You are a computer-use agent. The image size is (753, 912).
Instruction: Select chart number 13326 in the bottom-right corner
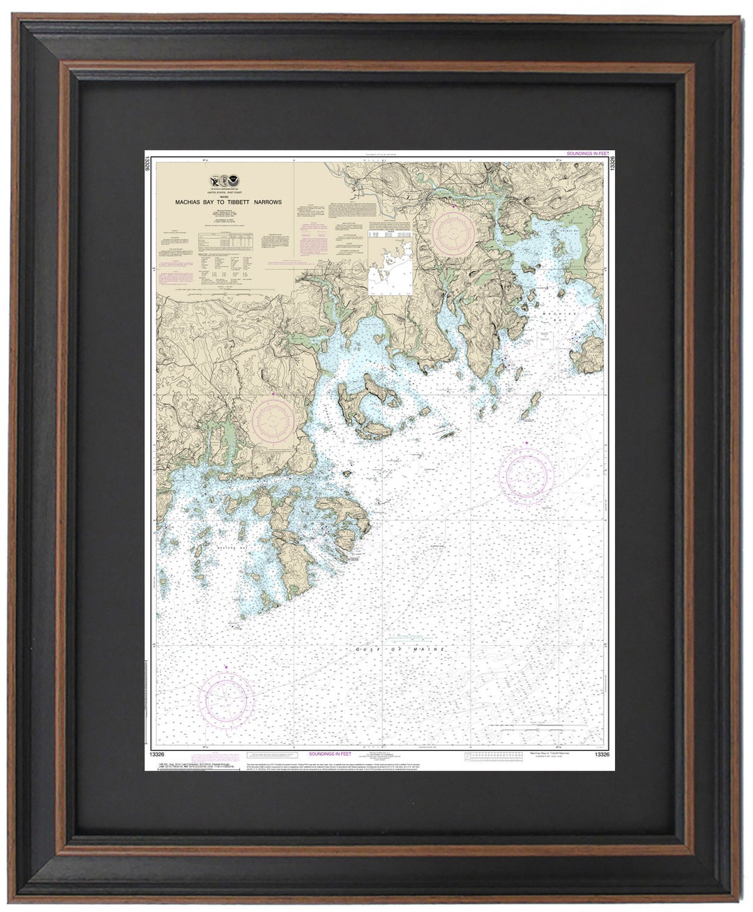point(598,754)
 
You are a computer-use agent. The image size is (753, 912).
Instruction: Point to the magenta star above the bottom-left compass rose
point(225,668)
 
